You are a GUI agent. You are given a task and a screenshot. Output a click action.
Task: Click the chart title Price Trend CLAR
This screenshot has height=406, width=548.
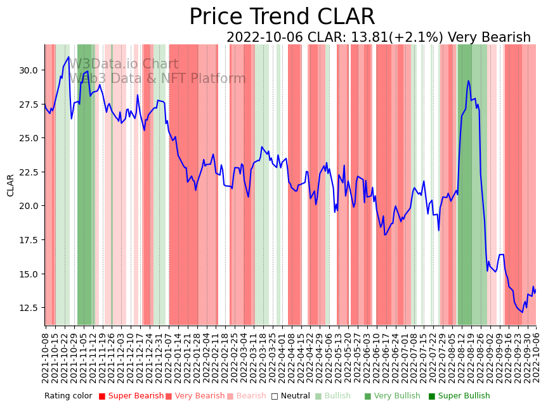tap(282, 17)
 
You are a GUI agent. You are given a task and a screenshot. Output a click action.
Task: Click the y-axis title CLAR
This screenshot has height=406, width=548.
tap(11, 185)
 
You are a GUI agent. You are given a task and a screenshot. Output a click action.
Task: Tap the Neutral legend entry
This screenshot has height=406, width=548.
tap(291, 396)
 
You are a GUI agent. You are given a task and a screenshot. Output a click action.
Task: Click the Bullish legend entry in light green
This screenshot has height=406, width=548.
tap(337, 396)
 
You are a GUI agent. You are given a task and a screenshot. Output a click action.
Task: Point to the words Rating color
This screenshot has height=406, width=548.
tap(68, 396)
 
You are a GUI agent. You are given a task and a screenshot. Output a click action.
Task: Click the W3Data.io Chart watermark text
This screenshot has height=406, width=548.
tap(124, 64)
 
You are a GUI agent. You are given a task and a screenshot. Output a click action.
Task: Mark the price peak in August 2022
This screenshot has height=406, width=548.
tap(468, 80)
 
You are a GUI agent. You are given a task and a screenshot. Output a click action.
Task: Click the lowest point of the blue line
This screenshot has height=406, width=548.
tap(523, 312)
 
